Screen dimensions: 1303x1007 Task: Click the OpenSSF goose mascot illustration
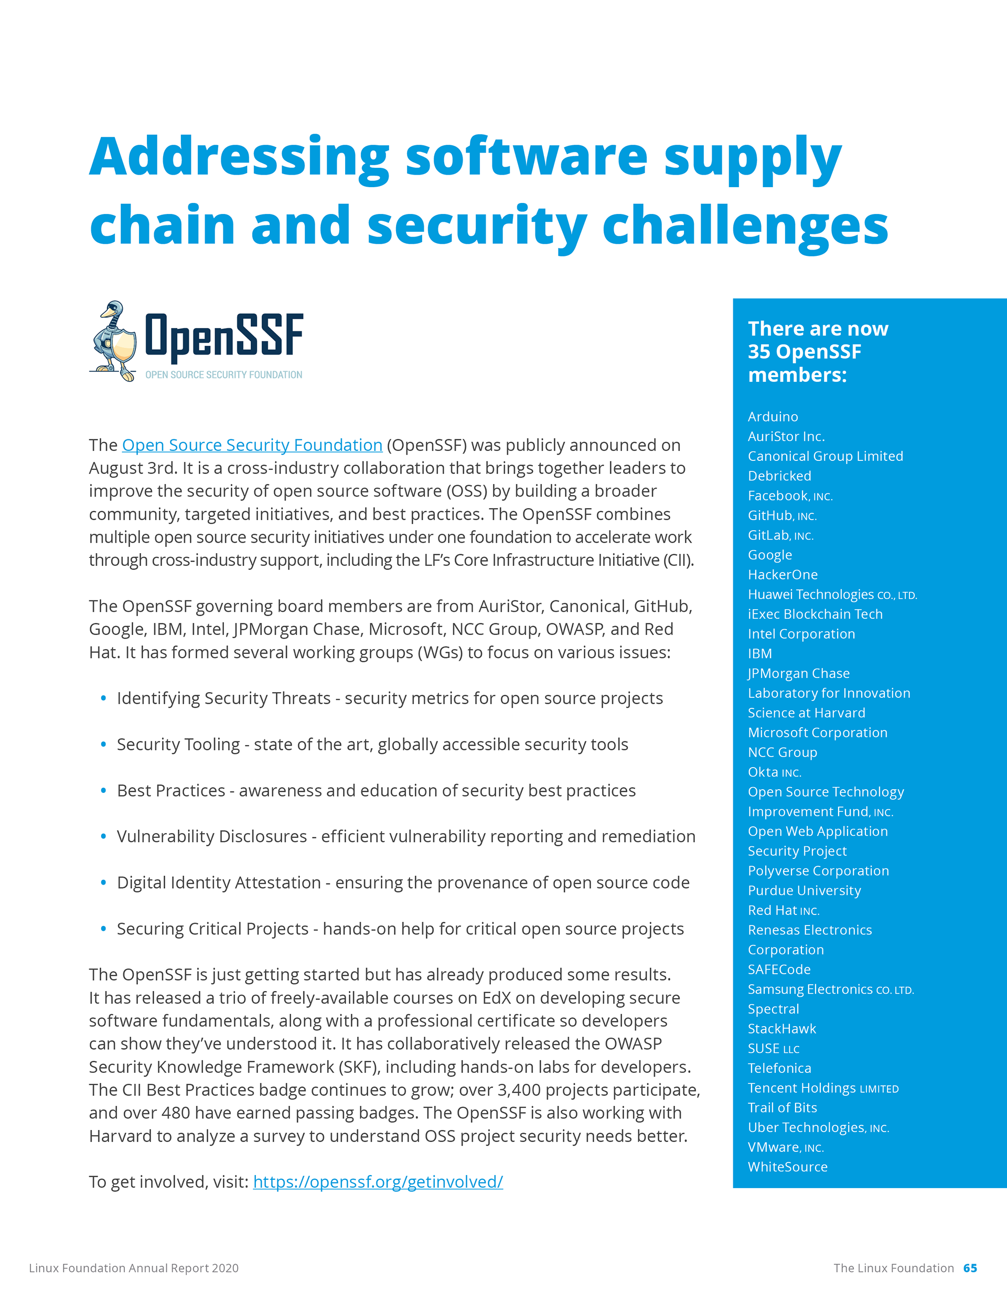pyautogui.click(x=113, y=341)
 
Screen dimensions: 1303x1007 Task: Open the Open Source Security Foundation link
pyautogui.click(x=252, y=445)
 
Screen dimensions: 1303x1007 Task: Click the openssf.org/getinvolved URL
pyautogui.click(x=378, y=1181)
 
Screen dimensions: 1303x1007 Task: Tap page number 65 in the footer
pyautogui.click(x=970, y=1268)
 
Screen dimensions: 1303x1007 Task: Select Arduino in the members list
pyautogui.click(x=773, y=416)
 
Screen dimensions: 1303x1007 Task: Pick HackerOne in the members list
pyautogui.click(x=783, y=575)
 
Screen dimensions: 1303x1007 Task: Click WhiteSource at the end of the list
pyautogui.click(x=787, y=1167)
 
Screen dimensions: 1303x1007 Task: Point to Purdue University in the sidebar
pyautogui.click(x=804, y=890)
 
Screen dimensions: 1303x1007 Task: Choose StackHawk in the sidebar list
pyautogui.click(x=782, y=1029)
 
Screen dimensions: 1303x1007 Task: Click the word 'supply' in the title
pyautogui.click(x=753, y=159)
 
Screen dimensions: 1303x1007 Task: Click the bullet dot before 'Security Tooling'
pyautogui.click(x=103, y=744)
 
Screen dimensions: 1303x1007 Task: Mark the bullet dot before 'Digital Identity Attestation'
pyautogui.click(x=103, y=882)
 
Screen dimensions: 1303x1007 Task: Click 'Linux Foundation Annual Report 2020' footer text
pyautogui.click(x=134, y=1268)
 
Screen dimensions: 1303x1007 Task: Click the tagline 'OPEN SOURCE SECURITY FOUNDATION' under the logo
pyautogui.click(x=224, y=375)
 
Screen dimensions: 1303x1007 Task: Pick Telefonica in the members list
pyautogui.click(x=779, y=1068)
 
